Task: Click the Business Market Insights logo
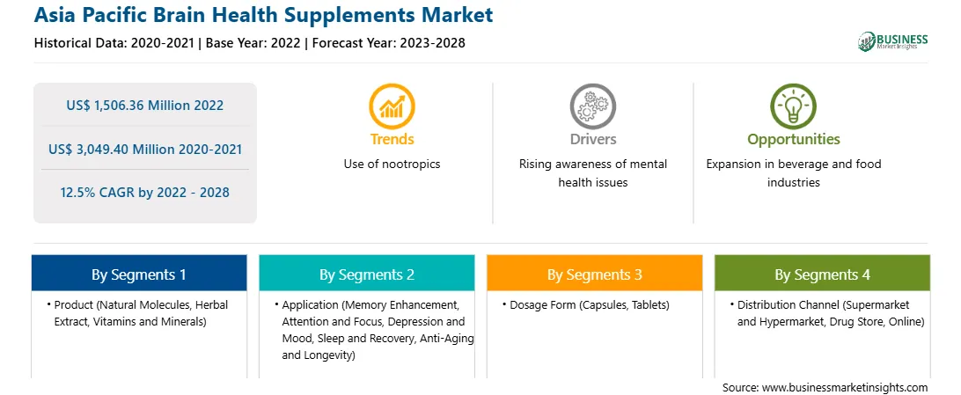893,41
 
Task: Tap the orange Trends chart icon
392,106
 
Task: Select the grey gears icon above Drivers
592,106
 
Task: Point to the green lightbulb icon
793,106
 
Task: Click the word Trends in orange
392,140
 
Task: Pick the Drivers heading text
592,140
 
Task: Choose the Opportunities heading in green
794,140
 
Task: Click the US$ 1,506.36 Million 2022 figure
144,106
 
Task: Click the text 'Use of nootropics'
392,165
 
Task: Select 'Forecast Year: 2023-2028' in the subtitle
389,43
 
